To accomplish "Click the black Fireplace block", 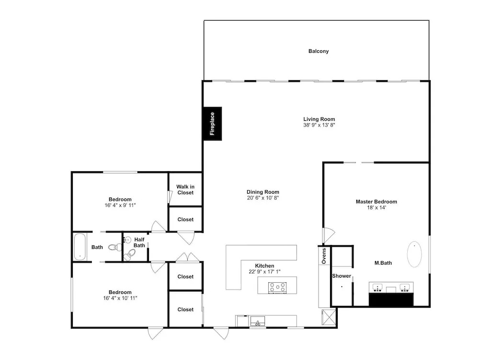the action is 213,124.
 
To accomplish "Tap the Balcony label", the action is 319,51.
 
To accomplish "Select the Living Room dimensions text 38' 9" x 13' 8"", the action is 319,125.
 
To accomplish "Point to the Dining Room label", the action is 262,192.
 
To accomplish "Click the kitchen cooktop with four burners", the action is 277,288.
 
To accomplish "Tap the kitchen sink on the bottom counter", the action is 258,321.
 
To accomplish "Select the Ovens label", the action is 324,256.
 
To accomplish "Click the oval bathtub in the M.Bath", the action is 414,254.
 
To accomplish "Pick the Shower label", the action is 342,276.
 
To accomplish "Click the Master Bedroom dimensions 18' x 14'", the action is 376,208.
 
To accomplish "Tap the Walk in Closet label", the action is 185,189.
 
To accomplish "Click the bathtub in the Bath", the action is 80,247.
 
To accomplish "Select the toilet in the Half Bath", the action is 130,255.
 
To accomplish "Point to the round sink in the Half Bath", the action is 128,240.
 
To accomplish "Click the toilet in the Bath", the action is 115,247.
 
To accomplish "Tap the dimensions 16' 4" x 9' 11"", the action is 120,205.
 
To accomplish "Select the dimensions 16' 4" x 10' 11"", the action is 120,298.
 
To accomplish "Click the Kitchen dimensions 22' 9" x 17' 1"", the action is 264,271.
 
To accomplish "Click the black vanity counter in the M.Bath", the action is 391,299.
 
